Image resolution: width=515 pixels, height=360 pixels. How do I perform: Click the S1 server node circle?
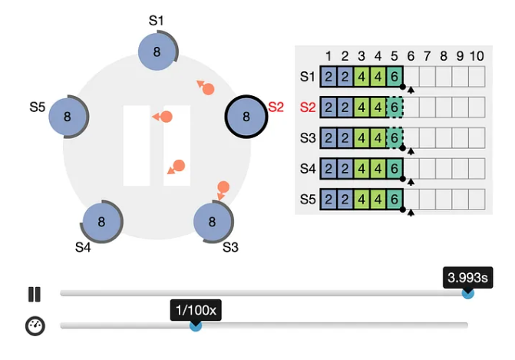coord(157,51)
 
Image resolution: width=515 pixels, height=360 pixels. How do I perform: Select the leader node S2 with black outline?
coord(246,116)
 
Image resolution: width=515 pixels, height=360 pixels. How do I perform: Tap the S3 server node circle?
coord(212,222)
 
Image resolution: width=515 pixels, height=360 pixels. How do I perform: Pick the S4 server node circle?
coord(101,222)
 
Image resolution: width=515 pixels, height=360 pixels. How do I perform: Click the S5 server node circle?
coord(68,116)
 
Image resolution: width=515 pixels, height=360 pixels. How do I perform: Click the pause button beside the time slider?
coord(35,294)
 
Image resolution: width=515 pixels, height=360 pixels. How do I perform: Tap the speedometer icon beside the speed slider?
coord(35,325)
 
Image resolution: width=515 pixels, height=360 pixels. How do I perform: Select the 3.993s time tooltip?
coord(467,278)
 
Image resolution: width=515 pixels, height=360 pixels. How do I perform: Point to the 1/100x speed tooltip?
coord(196,310)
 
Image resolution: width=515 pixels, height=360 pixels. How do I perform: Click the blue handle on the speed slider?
coord(196,325)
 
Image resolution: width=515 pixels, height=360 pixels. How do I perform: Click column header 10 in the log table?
coord(477,56)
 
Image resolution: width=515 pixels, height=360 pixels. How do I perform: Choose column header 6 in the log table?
coord(411,56)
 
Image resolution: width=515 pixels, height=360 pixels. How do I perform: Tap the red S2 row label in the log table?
coord(308,107)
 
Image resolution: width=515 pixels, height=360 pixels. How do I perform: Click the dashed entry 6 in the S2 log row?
coord(395,107)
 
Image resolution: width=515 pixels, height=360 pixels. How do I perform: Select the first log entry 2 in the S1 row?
coord(328,77)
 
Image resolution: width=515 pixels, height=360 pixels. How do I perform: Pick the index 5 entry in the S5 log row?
coord(395,200)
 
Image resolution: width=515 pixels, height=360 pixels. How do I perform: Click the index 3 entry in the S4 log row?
coord(361,169)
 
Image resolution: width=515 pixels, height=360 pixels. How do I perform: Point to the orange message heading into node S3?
coord(223,190)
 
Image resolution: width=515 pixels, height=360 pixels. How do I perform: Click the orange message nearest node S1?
coord(206,88)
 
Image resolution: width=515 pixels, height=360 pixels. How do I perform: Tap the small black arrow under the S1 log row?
coord(411,90)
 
